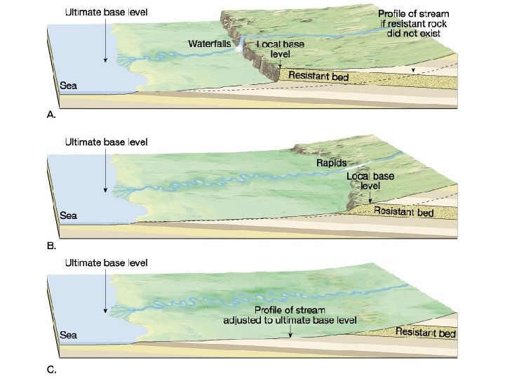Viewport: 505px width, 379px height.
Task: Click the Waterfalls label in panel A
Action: click(x=209, y=44)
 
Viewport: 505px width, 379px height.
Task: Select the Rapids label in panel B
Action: click(x=330, y=163)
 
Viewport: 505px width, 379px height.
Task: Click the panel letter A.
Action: click(x=50, y=114)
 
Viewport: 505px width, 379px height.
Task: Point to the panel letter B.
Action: click(x=50, y=246)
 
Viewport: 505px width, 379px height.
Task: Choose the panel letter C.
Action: click(x=50, y=368)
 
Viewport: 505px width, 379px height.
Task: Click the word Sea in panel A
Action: click(x=69, y=86)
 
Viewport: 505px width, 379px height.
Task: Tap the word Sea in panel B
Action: click(x=69, y=215)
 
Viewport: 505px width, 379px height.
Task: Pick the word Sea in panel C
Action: click(x=69, y=335)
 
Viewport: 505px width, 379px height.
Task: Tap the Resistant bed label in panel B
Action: click(x=403, y=211)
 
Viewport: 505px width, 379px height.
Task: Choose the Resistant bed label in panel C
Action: click(x=425, y=333)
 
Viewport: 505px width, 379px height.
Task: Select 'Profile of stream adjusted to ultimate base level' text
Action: click(x=290, y=314)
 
